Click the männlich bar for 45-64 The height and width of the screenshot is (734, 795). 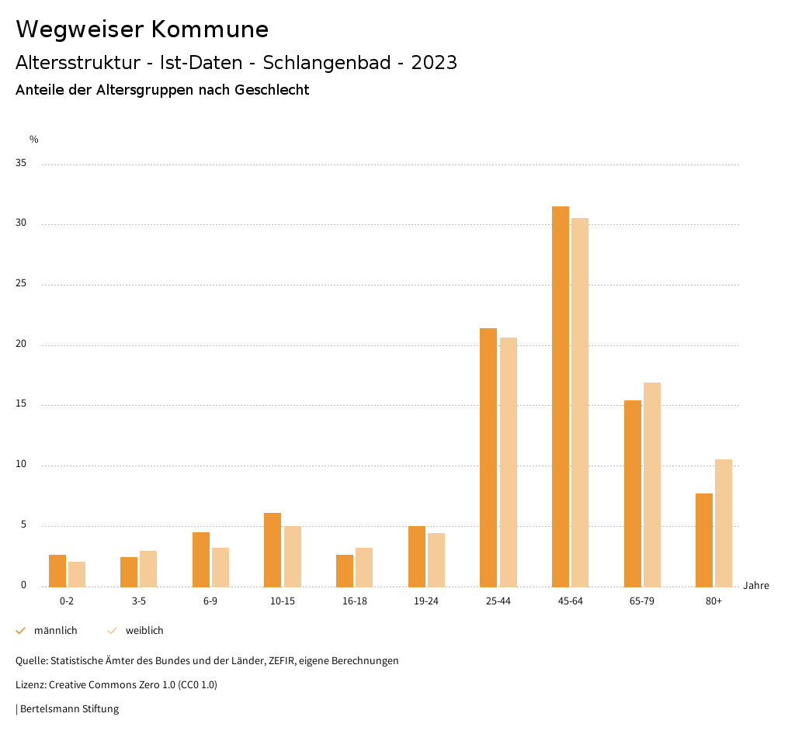(561, 396)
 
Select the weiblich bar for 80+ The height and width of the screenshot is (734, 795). (724, 523)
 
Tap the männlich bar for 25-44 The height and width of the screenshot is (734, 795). (488, 457)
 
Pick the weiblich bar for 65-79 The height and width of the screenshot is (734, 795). (652, 484)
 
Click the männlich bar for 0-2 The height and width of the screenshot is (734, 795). (57, 570)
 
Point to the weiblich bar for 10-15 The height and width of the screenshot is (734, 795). (292, 556)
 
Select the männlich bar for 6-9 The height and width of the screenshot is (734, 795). (201, 559)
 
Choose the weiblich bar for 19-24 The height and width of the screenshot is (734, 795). (436, 559)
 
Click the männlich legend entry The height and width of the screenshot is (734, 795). (47, 631)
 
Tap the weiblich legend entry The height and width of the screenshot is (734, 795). (136, 631)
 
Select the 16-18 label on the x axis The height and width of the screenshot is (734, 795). (355, 601)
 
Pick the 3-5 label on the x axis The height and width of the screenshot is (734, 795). (139, 601)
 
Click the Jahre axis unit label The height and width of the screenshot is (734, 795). (756, 586)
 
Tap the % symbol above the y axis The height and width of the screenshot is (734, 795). (33, 140)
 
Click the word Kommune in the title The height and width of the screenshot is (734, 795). (210, 29)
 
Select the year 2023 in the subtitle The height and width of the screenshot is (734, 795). (434, 63)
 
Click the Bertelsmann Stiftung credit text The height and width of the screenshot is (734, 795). (69, 709)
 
